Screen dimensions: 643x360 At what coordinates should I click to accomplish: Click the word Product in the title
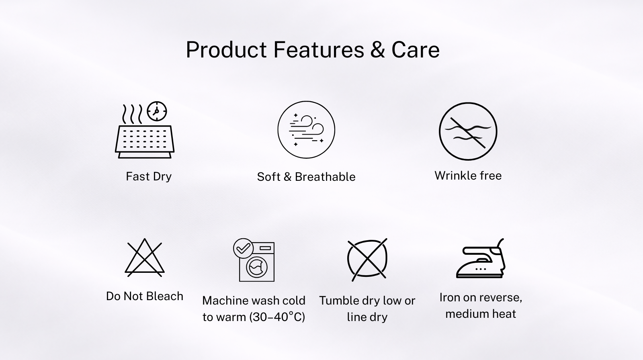click(x=226, y=50)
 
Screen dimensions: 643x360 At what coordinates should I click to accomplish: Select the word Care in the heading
click(x=416, y=50)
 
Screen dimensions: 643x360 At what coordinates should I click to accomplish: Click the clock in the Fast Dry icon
click(x=157, y=111)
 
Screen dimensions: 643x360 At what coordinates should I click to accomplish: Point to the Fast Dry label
click(x=149, y=176)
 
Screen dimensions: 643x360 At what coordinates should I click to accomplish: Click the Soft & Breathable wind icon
click(x=306, y=129)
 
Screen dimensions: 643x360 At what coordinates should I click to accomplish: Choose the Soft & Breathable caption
click(x=306, y=177)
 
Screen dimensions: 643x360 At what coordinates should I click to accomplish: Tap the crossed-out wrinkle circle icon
click(x=468, y=131)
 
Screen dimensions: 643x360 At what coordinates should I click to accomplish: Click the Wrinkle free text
click(x=468, y=176)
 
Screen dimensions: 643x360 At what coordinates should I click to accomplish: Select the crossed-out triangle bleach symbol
click(x=145, y=258)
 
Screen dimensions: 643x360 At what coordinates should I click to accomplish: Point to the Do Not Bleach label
click(x=145, y=296)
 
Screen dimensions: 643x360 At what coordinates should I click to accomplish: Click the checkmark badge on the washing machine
click(x=243, y=248)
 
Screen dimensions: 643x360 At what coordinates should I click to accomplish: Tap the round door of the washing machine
click(x=257, y=267)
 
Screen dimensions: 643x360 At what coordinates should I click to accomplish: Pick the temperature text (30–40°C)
click(x=277, y=317)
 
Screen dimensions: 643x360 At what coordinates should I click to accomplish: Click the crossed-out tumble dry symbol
click(x=367, y=259)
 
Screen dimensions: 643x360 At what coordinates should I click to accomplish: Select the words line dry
click(x=367, y=317)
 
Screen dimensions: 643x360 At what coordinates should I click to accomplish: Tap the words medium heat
click(x=481, y=314)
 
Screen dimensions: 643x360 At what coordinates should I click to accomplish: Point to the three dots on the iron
click(x=481, y=269)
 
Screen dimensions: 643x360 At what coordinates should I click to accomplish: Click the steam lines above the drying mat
click(x=132, y=114)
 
